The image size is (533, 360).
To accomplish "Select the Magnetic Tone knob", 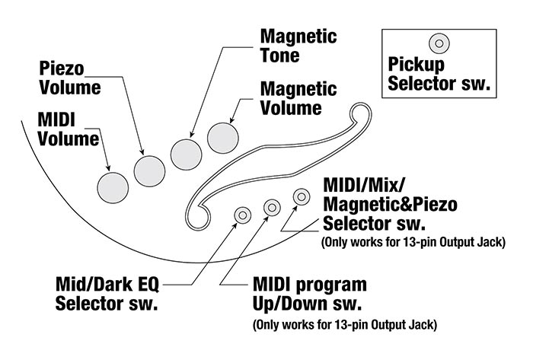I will coord(185,153).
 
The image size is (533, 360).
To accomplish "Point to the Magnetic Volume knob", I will coord(222,136).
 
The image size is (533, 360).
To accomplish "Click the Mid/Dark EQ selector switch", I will coord(243,215).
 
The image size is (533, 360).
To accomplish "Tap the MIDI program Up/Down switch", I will coord(271,207).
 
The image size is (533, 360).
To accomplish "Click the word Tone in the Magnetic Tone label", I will coord(279,56).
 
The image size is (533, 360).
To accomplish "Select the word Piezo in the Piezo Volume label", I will coord(62,68).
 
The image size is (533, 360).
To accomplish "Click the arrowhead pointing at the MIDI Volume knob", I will coord(110,165).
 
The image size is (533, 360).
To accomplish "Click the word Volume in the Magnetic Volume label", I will coord(290,107).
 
